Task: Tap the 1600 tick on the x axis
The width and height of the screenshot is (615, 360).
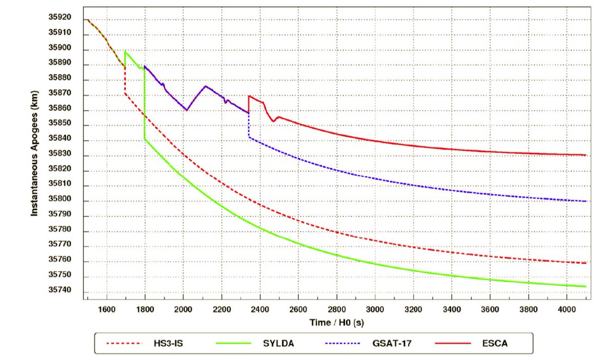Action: [x=107, y=309]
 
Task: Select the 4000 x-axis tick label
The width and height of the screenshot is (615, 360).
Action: [x=566, y=309]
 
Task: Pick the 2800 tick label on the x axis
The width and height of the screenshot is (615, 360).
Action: [x=336, y=309]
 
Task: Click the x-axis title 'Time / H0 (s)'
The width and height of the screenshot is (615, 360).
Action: [x=336, y=323]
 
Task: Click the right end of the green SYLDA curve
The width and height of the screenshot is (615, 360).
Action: [x=585, y=287]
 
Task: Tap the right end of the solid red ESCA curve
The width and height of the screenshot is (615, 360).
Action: [x=585, y=155]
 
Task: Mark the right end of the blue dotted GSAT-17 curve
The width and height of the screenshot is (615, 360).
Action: [x=585, y=201]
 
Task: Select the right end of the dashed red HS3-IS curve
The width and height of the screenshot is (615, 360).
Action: [x=585, y=263]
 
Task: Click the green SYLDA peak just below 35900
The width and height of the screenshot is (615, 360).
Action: [x=126, y=51]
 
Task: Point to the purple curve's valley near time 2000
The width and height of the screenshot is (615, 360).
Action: [x=187, y=110]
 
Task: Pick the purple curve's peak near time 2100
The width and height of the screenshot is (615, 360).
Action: [x=206, y=86]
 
